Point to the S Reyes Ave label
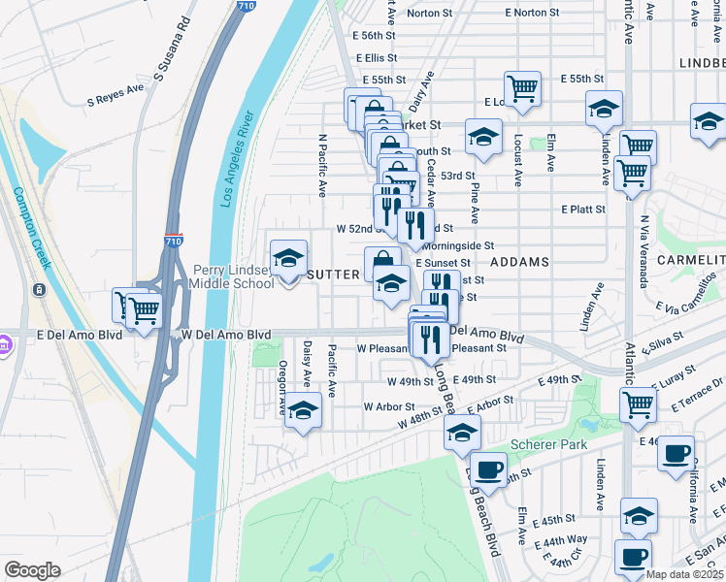click(x=115, y=98)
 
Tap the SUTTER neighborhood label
click(x=334, y=275)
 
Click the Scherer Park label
click(x=545, y=444)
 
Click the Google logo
click(x=32, y=570)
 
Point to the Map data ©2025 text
click(x=684, y=574)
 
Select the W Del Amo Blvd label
click(x=226, y=335)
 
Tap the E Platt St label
click(x=583, y=209)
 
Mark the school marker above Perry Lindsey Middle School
click(x=288, y=259)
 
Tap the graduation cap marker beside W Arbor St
click(x=303, y=411)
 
